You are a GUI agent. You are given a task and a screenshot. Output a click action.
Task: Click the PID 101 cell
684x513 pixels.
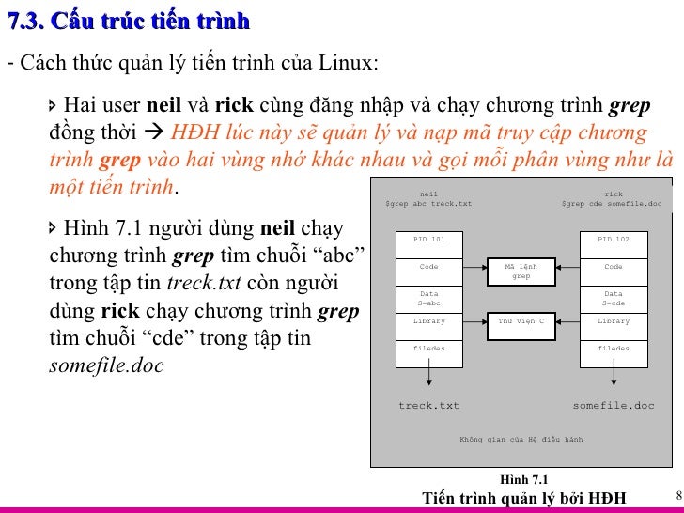pyautogui.click(x=429, y=240)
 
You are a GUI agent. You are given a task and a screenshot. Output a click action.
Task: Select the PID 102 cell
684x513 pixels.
pyautogui.click(x=614, y=240)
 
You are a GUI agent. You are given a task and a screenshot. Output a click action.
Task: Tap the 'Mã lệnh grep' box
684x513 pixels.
pyautogui.click(x=521, y=271)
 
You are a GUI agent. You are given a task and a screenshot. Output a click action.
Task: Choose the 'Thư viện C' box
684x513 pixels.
pyautogui.click(x=521, y=321)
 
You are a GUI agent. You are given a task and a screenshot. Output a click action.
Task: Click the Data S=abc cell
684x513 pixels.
pyautogui.click(x=429, y=299)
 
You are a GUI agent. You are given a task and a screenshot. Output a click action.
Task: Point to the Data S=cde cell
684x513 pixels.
pyautogui.click(x=614, y=299)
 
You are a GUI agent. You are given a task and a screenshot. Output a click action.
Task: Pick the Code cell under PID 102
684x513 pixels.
pyautogui.click(x=614, y=267)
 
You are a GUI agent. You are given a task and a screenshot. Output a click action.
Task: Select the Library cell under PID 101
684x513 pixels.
pyautogui.click(x=429, y=321)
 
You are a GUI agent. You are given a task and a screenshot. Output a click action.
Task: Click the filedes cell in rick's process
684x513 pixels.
pyautogui.click(x=614, y=349)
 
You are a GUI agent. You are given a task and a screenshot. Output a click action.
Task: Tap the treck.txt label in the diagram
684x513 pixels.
pyautogui.click(x=429, y=406)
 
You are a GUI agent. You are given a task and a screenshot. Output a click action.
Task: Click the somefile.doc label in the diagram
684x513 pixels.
pyautogui.click(x=614, y=406)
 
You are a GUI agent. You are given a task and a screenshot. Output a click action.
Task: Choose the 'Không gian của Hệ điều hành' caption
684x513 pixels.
pyautogui.click(x=521, y=439)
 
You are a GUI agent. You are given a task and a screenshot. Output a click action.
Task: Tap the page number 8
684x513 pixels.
pyautogui.click(x=678, y=494)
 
